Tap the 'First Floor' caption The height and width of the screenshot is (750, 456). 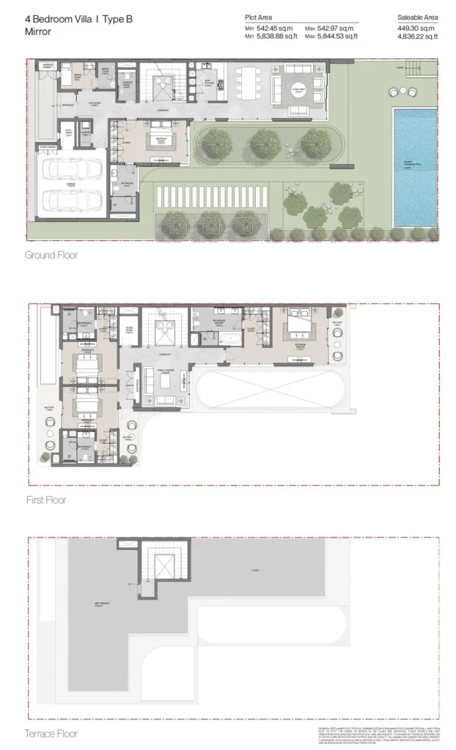(45, 500)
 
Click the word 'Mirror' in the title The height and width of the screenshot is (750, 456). (38, 31)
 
